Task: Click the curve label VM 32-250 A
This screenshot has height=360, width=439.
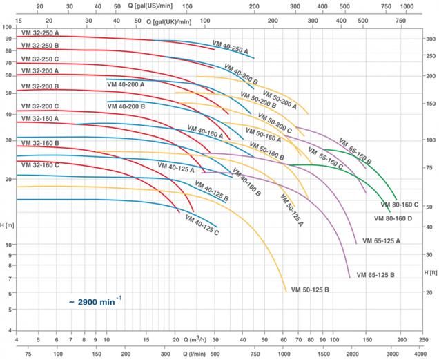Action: (40, 33)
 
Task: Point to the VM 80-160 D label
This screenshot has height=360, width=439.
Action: (393, 218)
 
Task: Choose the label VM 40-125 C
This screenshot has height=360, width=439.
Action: (202, 225)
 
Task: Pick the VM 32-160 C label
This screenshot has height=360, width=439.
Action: (40, 164)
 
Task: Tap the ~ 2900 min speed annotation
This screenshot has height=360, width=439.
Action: (95, 301)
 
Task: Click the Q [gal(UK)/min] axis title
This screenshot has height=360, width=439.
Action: (169, 21)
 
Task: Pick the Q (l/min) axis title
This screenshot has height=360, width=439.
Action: (200, 353)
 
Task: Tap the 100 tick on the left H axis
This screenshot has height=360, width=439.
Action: (8, 27)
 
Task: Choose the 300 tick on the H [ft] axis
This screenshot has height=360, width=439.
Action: (429, 39)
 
